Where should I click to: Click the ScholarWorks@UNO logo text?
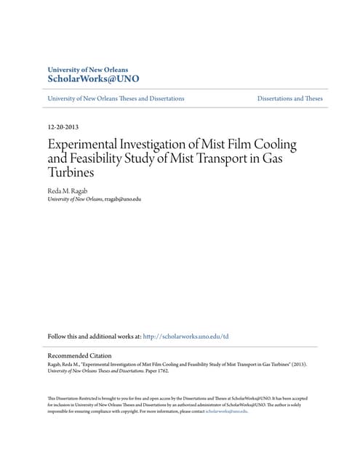point(92,78)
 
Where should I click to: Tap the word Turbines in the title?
point(71,173)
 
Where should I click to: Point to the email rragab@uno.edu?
point(122,198)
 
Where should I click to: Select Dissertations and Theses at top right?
point(289,98)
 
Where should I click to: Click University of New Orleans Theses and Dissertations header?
point(116,98)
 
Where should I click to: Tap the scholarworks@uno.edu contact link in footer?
point(226,411)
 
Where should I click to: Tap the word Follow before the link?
point(56,336)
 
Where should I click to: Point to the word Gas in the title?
point(285,158)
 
